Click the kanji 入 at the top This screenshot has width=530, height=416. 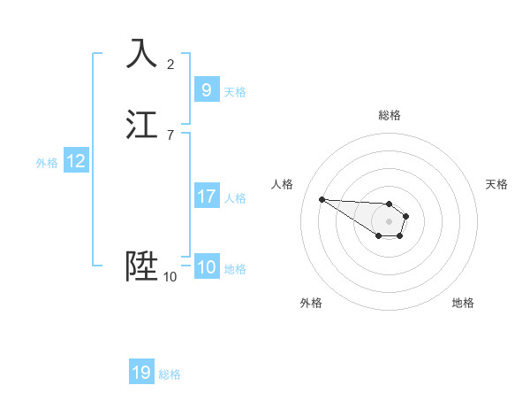click(x=141, y=53)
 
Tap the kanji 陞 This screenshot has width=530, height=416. click(x=141, y=266)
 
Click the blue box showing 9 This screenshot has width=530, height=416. click(x=206, y=89)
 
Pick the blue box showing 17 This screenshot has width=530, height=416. click(x=206, y=196)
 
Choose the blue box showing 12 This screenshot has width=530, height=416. click(x=76, y=161)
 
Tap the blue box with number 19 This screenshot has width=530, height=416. click(x=141, y=373)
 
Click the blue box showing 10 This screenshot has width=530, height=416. click(x=206, y=267)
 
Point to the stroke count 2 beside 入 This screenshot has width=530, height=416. click(x=170, y=64)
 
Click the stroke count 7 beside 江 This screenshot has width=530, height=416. click(x=170, y=135)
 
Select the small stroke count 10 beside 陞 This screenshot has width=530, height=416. click(x=170, y=277)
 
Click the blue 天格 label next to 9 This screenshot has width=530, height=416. click(x=235, y=91)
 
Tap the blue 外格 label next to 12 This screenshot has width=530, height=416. click(x=47, y=163)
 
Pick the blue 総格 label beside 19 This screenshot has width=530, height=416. click(x=170, y=374)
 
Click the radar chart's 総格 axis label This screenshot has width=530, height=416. click(x=389, y=115)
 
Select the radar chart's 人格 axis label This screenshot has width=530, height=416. click(x=283, y=184)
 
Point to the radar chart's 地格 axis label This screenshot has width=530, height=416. click(x=463, y=303)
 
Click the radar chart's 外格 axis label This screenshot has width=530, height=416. click(x=311, y=303)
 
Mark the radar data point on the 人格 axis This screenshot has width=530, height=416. click(x=322, y=199)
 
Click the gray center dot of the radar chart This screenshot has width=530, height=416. click(x=389, y=220)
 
